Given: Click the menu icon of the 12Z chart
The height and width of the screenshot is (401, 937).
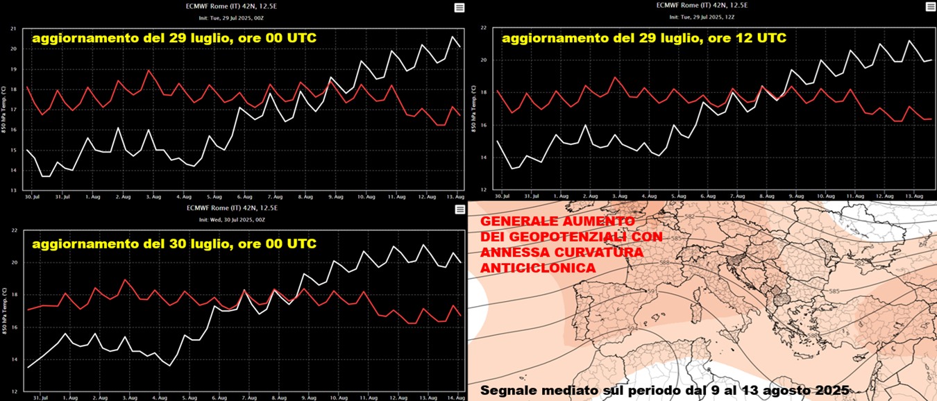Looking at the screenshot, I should (x=930, y=8).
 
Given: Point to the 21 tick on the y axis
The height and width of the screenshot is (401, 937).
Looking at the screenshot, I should (x=13, y=28).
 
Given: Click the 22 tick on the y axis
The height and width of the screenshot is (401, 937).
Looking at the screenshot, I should (x=483, y=28).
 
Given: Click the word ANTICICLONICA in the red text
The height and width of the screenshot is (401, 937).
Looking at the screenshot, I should (x=527, y=268).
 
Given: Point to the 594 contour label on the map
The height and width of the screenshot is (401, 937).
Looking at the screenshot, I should (x=632, y=328).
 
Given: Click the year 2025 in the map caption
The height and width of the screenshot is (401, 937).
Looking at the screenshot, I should (x=829, y=391).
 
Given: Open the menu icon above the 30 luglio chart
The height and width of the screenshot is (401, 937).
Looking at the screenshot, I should (x=459, y=210).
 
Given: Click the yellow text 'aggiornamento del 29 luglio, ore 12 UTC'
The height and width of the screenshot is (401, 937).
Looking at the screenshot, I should (x=643, y=39).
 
